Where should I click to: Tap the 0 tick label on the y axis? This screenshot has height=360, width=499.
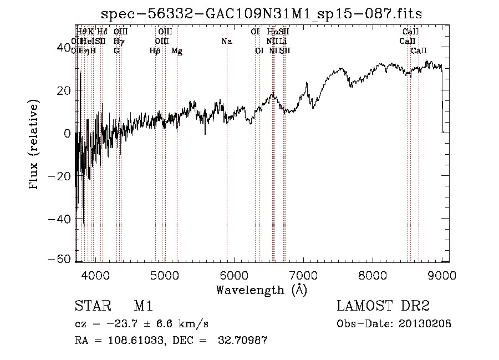point(67,134)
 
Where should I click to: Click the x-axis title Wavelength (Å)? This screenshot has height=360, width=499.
point(261,290)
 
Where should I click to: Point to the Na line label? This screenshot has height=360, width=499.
point(226,42)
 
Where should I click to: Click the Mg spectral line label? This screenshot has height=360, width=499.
point(177,51)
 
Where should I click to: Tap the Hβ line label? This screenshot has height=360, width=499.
point(155,51)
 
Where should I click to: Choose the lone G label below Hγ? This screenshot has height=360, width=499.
point(116,51)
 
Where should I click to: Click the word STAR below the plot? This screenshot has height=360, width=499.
point(92,307)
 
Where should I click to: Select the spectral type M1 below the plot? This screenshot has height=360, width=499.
point(143,307)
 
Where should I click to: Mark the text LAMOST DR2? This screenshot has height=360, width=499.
point(383,307)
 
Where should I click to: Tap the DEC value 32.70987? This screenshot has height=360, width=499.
point(244,341)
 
